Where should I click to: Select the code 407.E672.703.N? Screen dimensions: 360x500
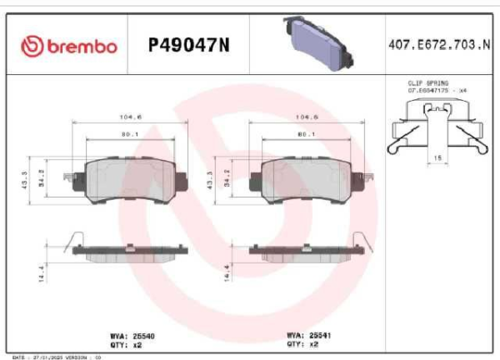[x=439, y=46]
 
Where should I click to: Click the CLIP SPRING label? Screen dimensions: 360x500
[x=427, y=84]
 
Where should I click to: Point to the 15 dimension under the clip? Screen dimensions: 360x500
[x=436, y=156]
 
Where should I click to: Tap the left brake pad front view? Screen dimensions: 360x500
[x=122, y=179]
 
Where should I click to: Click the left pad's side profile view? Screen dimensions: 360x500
[x=123, y=252]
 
